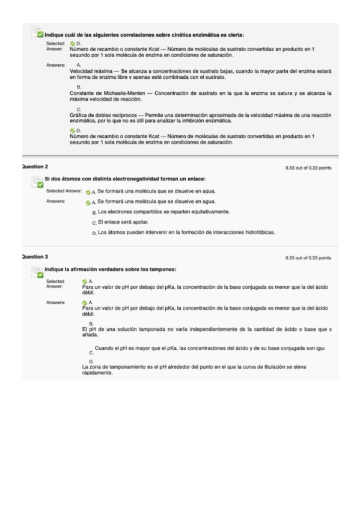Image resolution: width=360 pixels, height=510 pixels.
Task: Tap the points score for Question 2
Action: (x=308, y=168)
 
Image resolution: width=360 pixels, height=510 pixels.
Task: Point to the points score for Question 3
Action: (x=308, y=258)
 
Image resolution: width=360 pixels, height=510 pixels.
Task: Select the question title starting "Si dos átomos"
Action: (x=126, y=179)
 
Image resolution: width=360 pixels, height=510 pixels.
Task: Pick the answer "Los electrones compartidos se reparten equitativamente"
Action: (x=163, y=212)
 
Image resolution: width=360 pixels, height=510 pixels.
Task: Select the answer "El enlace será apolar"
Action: (x=123, y=222)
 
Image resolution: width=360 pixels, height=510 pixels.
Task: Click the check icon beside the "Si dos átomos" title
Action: (x=37, y=182)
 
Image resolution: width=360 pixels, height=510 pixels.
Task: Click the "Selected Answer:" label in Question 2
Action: (x=64, y=191)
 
